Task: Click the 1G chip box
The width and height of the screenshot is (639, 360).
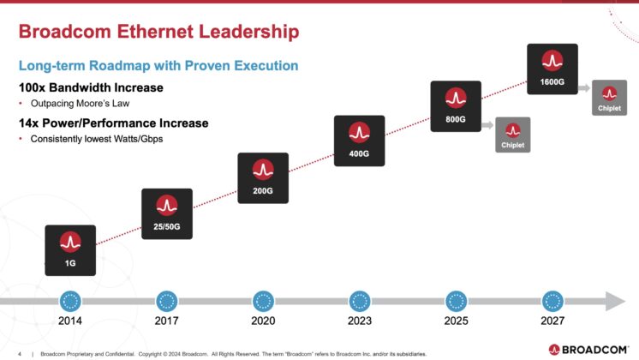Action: [x=69, y=250]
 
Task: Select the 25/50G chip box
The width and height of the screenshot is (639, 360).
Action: [x=166, y=213]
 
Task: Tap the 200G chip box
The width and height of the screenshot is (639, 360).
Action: [x=263, y=178]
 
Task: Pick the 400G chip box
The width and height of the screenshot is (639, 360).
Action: [x=359, y=141]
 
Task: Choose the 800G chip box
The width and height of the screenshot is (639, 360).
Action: [x=455, y=106]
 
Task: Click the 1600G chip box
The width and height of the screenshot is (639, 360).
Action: [x=551, y=69]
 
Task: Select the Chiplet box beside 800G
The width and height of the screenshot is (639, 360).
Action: [x=512, y=135]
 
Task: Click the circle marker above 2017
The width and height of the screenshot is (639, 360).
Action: [x=166, y=301]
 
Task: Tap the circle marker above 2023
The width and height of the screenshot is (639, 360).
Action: [x=360, y=301]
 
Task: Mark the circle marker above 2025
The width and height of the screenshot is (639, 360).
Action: [x=457, y=301]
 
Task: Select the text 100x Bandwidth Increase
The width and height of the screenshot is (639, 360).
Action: [x=91, y=88]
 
